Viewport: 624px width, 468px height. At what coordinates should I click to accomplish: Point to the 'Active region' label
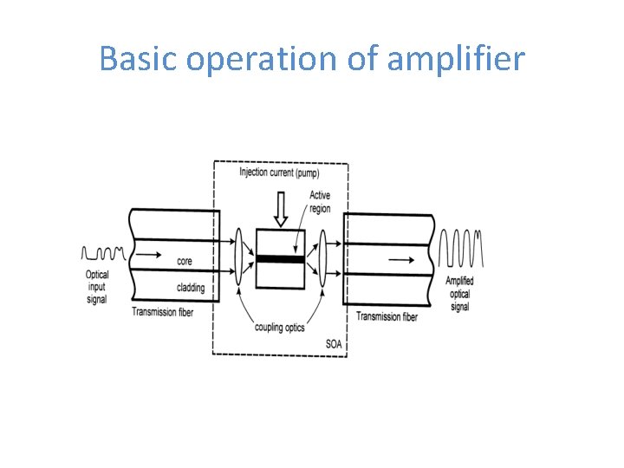pos(320,202)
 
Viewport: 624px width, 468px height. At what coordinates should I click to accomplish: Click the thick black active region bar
pos(280,258)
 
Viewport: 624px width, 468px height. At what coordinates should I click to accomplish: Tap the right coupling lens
pos(322,257)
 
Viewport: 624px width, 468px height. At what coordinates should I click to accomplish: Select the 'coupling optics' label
pos(279,327)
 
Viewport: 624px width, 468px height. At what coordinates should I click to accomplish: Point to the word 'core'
pos(185,260)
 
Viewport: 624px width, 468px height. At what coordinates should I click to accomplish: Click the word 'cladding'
pos(190,288)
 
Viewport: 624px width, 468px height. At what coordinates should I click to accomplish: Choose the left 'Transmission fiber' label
pos(163,312)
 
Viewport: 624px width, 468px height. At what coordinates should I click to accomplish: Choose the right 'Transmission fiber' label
pos(387,317)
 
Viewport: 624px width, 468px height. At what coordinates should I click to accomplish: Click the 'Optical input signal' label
pos(97,287)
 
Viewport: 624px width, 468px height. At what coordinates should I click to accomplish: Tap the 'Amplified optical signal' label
pos(459,294)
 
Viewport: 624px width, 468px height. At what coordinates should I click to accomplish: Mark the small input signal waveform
pos(103,253)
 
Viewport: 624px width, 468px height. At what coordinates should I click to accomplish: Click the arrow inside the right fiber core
pos(400,258)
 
